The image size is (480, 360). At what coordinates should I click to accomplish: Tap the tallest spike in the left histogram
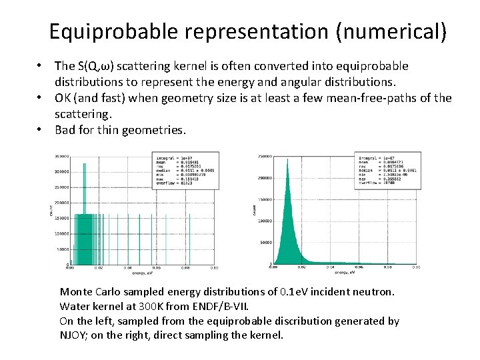pyautogui.click(x=84, y=167)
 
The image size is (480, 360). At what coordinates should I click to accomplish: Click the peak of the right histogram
pyautogui.click(x=287, y=160)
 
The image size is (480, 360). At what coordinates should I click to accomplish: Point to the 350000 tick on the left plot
pyautogui.click(x=60, y=156)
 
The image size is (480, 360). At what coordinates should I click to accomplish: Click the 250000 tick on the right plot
pyautogui.click(x=264, y=157)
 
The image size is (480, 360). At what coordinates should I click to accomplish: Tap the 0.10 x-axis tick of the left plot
pyautogui.click(x=214, y=268)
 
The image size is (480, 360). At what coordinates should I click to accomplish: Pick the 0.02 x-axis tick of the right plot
pyautogui.click(x=301, y=267)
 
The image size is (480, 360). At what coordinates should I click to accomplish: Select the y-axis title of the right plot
pyautogui.click(x=254, y=209)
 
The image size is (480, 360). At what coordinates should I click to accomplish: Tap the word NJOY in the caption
pyautogui.click(x=74, y=335)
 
